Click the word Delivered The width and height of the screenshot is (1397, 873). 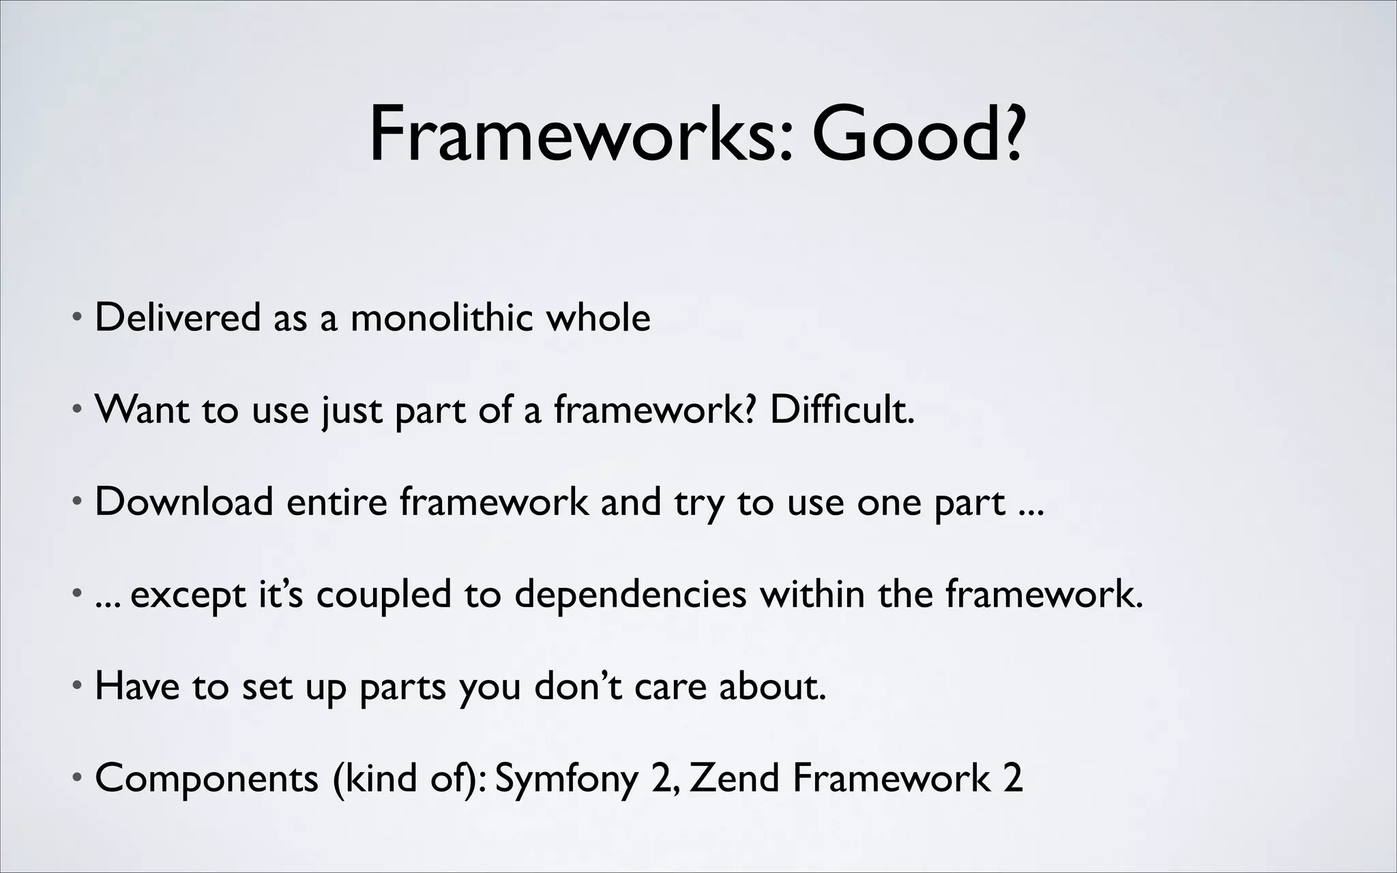[177, 318]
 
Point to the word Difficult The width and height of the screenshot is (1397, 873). [842, 410]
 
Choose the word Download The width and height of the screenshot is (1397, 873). [183, 502]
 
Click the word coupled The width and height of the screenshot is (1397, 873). [383, 595]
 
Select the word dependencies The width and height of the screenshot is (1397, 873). [630, 595]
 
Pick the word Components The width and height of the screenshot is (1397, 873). [207, 779]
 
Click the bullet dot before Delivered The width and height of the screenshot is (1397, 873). [78, 319]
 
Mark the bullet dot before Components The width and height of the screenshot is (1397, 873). [78, 778]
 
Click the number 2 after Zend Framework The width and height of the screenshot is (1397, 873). [1013, 778]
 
